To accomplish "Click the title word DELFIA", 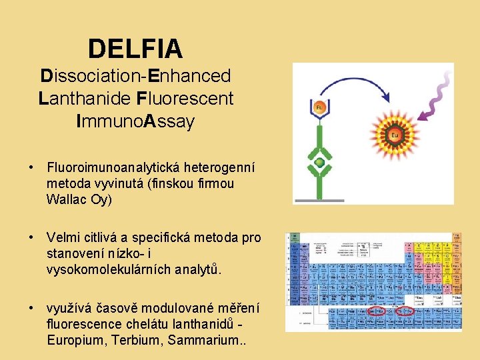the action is coord(135,48).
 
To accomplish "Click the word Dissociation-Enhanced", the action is coord(135,76).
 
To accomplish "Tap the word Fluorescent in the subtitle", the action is coord(185,99).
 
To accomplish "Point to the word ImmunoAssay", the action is coord(135,121).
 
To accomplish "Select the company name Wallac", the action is coord(68,199).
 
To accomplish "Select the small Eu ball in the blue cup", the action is coord(319,107).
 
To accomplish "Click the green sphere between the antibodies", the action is coord(320,163).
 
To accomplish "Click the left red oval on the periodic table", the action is coord(377,311).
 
